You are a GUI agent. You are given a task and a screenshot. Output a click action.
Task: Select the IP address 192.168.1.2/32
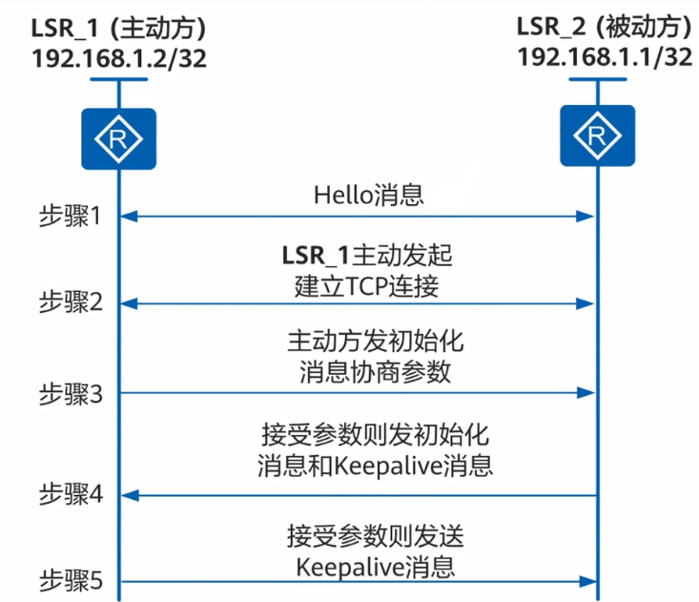[118, 57]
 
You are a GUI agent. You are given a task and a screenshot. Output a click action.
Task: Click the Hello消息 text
[368, 196]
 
